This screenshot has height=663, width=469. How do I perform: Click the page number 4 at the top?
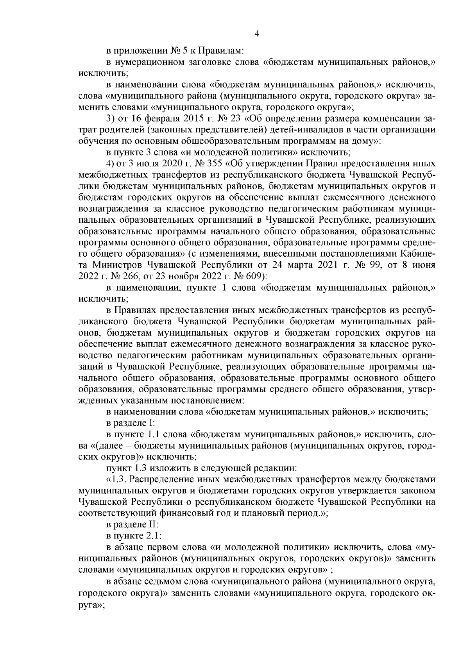[x=257, y=34]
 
